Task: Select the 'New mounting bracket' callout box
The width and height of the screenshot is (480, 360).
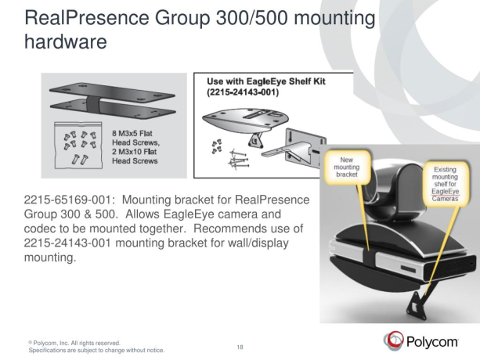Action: tap(345, 167)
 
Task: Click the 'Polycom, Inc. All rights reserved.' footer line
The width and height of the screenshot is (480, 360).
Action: tap(74, 342)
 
